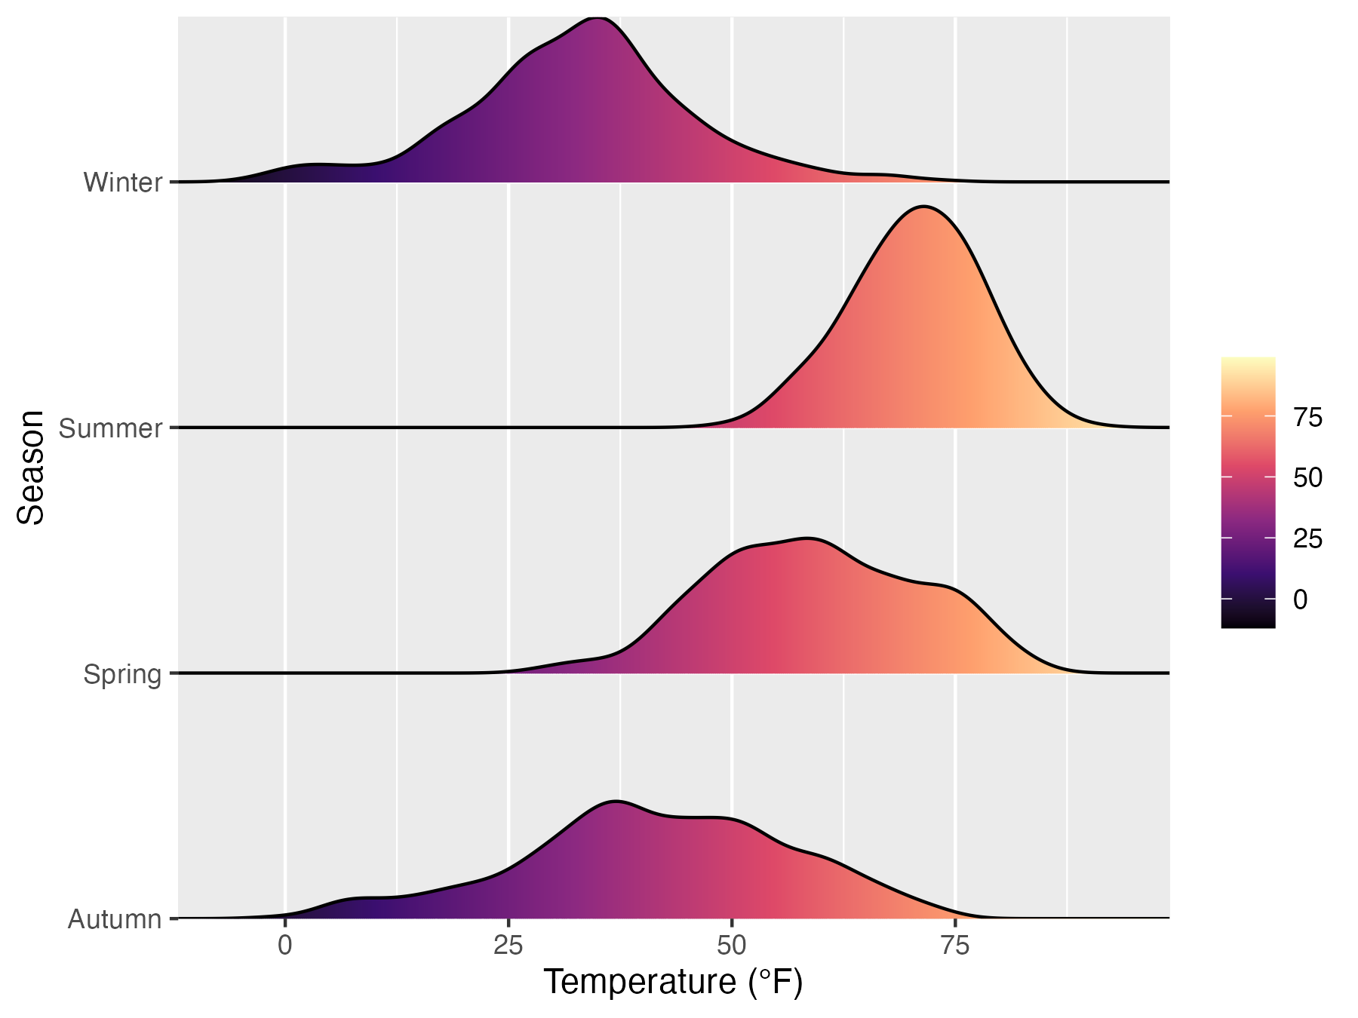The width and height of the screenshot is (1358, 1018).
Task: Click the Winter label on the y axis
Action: [x=123, y=182]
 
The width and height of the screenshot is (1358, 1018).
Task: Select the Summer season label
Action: [x=111, y=428]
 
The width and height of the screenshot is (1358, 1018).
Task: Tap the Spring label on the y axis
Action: [x=123, y=673]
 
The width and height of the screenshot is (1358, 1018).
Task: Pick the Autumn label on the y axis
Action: [x=115, y=919]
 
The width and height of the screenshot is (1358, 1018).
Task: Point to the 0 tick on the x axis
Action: [x=285, y=946]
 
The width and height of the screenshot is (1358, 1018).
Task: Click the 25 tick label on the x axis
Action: [x=508, y=946]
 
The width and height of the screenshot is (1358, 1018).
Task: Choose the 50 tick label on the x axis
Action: [x=732, y=946]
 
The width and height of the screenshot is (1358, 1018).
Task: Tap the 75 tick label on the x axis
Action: [x=955, y=946]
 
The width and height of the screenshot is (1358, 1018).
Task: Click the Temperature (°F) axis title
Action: [x=673, y=983]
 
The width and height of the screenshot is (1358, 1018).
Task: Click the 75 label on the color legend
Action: [x=1307, y=417]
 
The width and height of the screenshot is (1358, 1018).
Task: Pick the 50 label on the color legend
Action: [x=1307, y=477]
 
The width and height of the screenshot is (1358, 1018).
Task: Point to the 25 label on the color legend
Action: [x=1307, y=538]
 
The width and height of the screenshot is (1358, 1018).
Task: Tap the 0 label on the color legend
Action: [x=1300, y=599]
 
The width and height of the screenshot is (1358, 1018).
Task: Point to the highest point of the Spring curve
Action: [x=808, y=538]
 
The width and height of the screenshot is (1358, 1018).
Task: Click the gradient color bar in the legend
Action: [x=1248, y=492]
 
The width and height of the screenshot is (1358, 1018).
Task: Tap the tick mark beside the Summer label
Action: [x=174, y=428]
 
